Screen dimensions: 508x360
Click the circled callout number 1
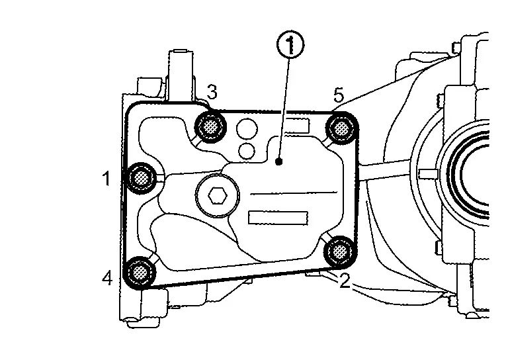pos(290,46)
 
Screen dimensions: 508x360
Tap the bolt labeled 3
pos(210,126)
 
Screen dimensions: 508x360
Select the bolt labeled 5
pos(341,128)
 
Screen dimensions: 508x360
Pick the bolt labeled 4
pos(140,271)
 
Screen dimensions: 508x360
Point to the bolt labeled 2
pos(340,251)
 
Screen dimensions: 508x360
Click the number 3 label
pos(212,93)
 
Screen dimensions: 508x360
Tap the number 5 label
pos(339,95)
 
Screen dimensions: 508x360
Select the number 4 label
pos(107,278)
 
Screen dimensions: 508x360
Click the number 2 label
pos(345,281)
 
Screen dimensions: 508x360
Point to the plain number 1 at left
pos(106,179)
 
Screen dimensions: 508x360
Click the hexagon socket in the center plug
pos(218,195)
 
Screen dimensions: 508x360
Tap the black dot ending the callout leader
pos(279,161)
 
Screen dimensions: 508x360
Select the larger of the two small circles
pos(247,129)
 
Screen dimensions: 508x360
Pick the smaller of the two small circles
pos(247,151)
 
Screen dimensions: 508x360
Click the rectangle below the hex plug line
pos(278,218)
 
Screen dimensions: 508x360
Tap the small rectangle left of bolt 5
pos(298,125)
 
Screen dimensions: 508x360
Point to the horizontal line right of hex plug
pos(294,193)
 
